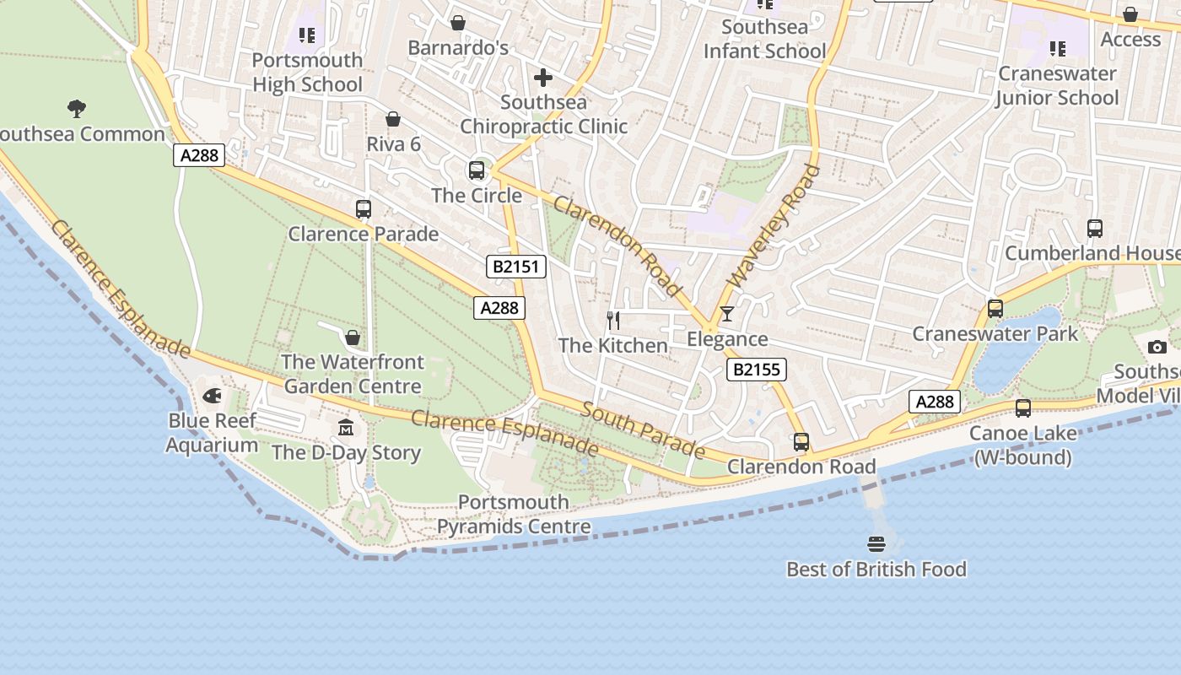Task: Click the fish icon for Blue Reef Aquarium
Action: (x=212, y=395)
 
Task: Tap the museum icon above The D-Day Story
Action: (x=346, y=427)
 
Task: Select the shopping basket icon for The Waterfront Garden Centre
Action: (x=353, y=337)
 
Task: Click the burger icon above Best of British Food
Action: (x=876, y=544)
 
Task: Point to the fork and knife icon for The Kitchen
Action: (x=613, y=321)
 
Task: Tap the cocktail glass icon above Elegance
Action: (x=726, y=314)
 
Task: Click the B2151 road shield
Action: (x=516, y=267)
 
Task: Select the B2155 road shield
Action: (x=756, y=370)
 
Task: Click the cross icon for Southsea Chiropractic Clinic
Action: (x=543, y=78)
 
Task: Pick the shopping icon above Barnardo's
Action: (x=457, y=23)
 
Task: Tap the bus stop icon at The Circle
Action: (x=477, y=170)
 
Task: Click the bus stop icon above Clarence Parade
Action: (x=364, y=209)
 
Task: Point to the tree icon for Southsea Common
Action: (x=77, y=108)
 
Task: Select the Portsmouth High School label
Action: (x=307, y=73)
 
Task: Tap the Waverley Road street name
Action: (x=774, y=226)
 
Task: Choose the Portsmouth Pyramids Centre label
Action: (x=513, y=515)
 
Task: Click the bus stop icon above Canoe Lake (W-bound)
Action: (x=1022, y=408)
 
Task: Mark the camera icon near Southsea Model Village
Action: (x=1157, y=347)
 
